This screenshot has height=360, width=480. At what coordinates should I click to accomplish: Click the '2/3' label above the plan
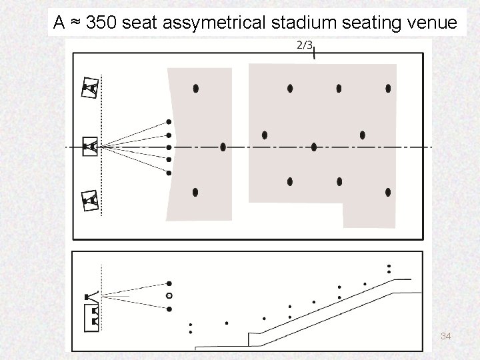click(303, 45)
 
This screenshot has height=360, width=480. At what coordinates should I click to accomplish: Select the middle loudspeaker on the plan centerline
click(90, 146)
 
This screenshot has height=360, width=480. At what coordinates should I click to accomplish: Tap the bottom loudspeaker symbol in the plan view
click(90, 199)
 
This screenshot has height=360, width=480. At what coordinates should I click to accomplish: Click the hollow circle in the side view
click(169, 295)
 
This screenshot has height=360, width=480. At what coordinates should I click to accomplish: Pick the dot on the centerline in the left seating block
click(223, 147)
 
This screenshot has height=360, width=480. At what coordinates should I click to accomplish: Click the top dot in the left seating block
click(195, 88)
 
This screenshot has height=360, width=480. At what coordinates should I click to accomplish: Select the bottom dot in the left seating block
click(195, 192)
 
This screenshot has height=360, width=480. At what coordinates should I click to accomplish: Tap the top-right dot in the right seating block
click(388, 88)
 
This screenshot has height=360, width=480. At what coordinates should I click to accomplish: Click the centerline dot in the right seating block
click(314, 147)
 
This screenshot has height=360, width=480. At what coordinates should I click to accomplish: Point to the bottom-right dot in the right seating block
click(388, 192)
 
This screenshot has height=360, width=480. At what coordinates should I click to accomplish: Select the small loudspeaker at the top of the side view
click(87, 295)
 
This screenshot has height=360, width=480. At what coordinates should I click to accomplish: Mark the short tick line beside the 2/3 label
click(315, 53)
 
